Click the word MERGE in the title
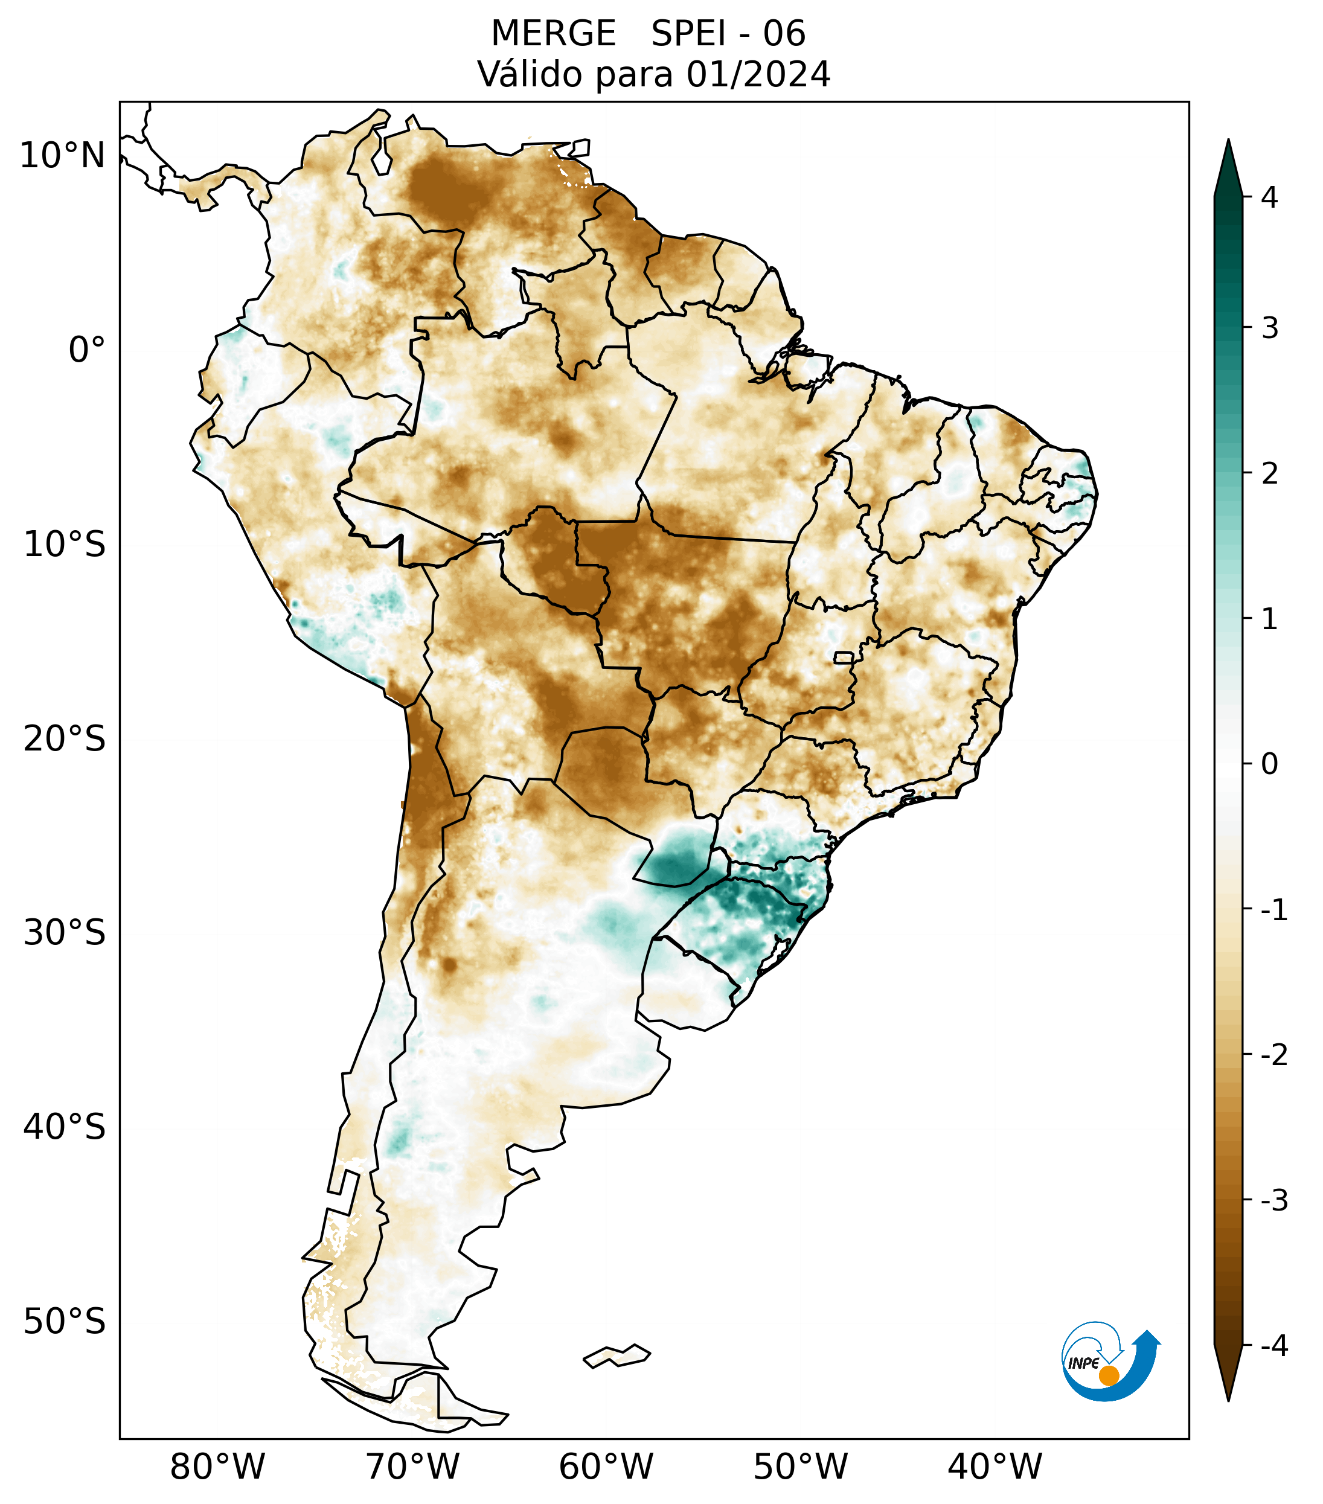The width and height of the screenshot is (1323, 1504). click(553, 34)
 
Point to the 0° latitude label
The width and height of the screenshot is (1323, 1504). click(87, 350)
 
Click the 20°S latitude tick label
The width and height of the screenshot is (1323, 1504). click(65, 739)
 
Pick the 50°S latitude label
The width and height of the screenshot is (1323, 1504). click(65, 1322)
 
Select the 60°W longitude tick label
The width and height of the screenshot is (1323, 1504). click(606, 1467)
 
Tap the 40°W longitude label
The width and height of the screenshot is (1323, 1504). click(995, 1467)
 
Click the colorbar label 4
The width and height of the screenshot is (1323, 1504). click(1269, 197)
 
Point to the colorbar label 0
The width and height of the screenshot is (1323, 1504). click(1269, 764)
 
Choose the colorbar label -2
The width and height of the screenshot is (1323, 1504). click(1273, 1055)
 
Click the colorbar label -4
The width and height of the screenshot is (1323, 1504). click(1273, 1346)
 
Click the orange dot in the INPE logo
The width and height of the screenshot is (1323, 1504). click(1108, 1375)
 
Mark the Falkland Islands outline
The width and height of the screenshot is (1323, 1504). click(617, 1355)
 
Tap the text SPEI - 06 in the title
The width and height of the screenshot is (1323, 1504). click(728, 34)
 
